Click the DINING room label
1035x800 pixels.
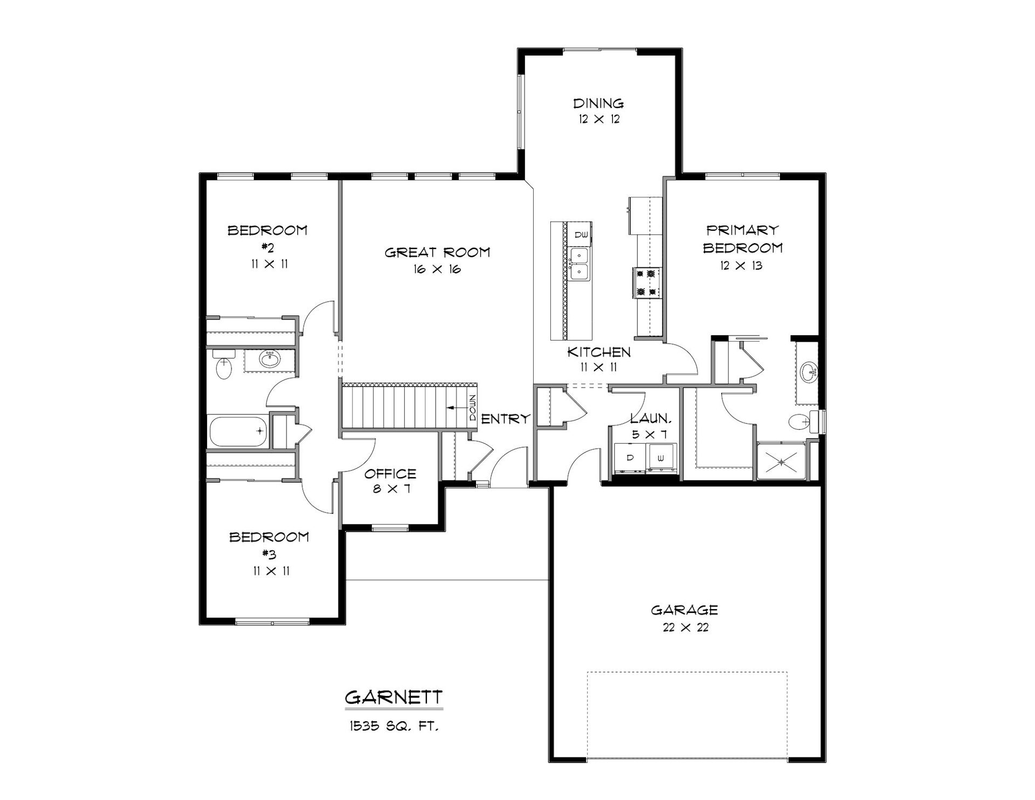coord(598,103)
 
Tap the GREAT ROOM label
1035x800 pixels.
coord(437,252)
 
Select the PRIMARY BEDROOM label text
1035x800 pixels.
coord(743,239)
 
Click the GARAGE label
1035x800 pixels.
coord(685,610)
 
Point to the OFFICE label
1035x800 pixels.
coord(390,474)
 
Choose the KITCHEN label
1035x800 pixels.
coord(599,353)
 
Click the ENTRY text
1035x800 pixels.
coord(506,419)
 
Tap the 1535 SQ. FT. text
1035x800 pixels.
coord(394,727)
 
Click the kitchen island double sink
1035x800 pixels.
coord(579,264)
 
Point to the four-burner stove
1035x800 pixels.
coord(647,283)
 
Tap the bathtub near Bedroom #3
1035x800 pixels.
coord(238,431)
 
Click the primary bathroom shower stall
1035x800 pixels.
coord(782,461)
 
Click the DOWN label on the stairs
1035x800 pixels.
coord(473,408)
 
